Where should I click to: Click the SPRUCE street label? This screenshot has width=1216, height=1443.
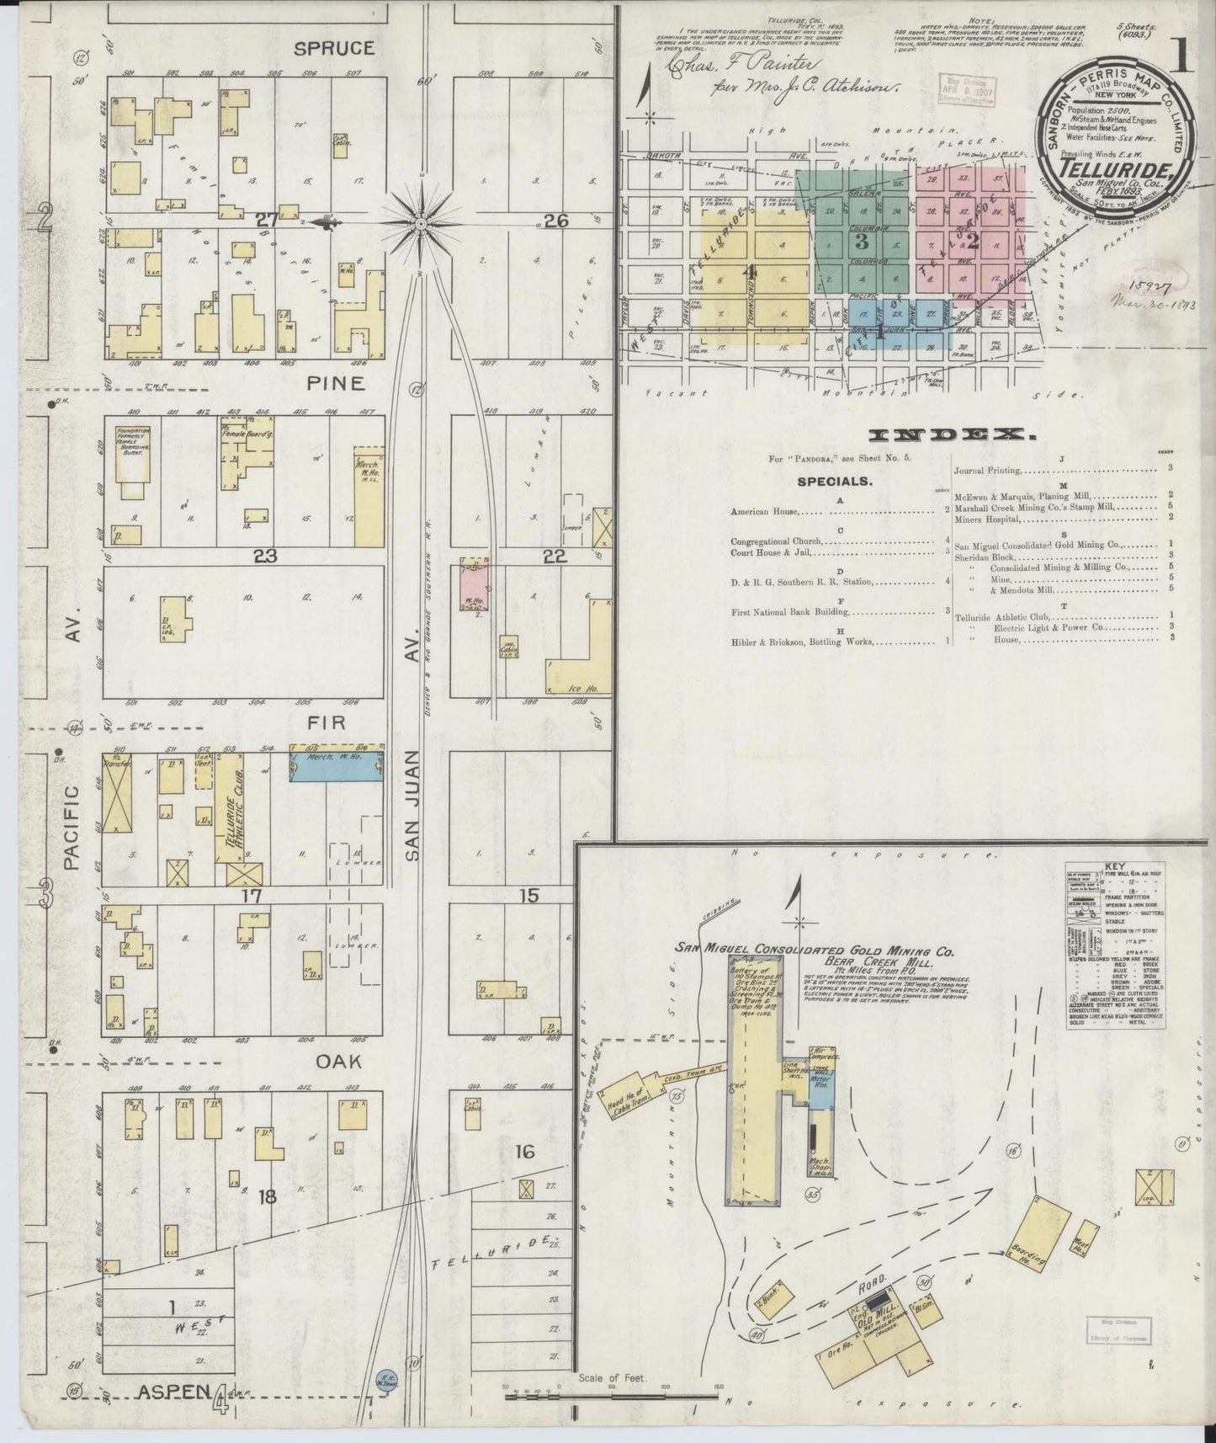pos(322,49)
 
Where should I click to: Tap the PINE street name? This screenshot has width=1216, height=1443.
pos(335,383)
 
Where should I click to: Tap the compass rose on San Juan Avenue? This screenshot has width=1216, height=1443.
pos(421,222)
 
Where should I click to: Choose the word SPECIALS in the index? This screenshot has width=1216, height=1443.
pos(834,482)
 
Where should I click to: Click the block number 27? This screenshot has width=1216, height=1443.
pos(267,221)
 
